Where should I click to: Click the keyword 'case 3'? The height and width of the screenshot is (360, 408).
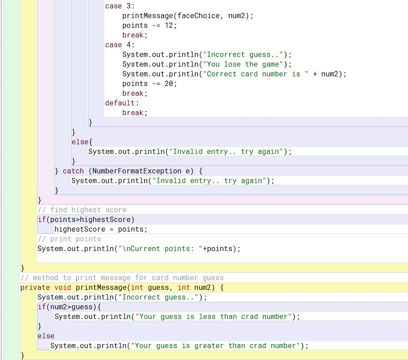coord(120,6)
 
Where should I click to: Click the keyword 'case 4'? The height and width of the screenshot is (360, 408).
coord(120,45)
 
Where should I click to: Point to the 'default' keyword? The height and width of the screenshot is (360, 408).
coord(121,103)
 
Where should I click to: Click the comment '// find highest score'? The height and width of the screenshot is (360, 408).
coord(82,210)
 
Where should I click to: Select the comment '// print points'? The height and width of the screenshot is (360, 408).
coord(69,239)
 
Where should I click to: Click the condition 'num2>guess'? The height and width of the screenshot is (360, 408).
coord(69,307)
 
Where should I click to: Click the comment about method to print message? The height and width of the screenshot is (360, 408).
coord(122,278)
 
